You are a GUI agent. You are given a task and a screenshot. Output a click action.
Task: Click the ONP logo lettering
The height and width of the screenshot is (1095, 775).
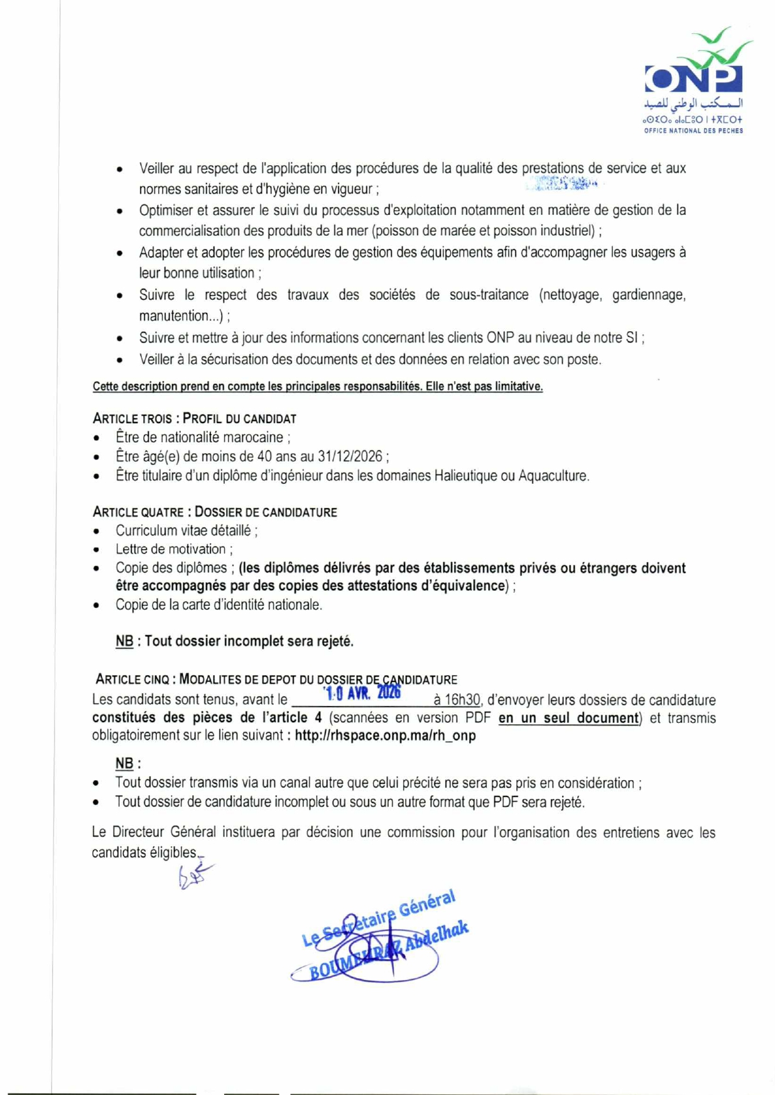[693, 79]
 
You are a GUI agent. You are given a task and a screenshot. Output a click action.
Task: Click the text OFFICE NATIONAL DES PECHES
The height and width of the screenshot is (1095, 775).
[693, 131]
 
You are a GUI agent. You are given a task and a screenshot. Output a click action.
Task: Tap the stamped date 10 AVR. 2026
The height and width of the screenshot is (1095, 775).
[362, 693]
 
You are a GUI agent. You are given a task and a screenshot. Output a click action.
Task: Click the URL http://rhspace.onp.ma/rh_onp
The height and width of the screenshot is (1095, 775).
[385, 735]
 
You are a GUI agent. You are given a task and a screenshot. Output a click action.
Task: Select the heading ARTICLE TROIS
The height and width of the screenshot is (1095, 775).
[133, 419]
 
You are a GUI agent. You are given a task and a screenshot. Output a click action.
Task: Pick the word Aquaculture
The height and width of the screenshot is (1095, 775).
[553, 476]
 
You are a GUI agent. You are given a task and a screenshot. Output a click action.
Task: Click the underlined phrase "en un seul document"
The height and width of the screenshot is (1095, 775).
[568, 718]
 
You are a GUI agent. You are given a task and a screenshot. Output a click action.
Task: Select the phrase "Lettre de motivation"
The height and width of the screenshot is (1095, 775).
[170, 549]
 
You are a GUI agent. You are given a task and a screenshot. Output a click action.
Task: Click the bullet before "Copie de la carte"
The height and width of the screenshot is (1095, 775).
[96, 606]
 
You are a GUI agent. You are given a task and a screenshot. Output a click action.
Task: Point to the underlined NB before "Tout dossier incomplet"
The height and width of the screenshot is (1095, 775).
[124, 641]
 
